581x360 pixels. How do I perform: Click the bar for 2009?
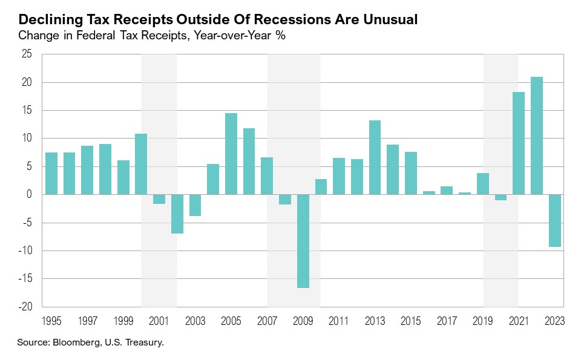(x=303, y=241)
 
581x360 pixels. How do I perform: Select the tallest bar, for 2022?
(x=536, y=136)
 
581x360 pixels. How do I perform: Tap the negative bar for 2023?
(x=554, y=220)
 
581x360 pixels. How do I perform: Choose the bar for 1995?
(x=51, y=173)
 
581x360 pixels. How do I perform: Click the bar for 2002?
(x=177, y=214)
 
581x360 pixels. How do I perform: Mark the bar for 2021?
(x=519, y=143)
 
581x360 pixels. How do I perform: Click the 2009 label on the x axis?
(x=303, y=321)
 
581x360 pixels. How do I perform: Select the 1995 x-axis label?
(x=51, y=321)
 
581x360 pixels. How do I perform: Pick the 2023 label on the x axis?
(x=554, y=321)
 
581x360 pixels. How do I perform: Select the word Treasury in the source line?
(x=144, y=343)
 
